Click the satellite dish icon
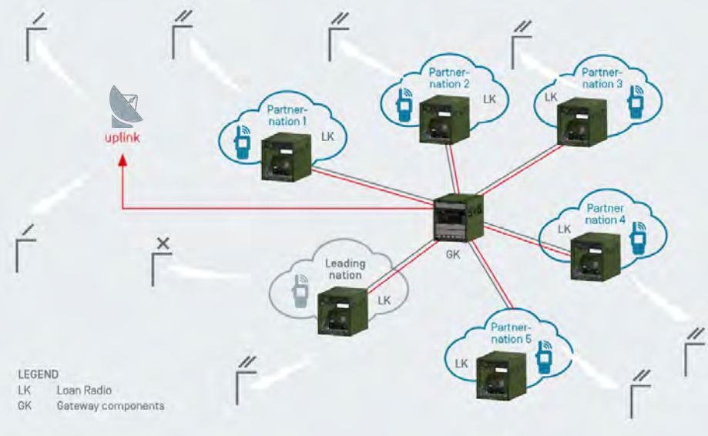pos(126,107)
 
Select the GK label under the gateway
pos(453,254)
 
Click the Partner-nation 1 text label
pos(286,116)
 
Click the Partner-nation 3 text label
pos(592,79)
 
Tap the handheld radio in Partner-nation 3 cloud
pos(636,102)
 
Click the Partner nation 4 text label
pos(606,213)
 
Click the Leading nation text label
pos(344,269)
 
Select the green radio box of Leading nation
pos(339,307)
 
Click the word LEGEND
pos(37,374)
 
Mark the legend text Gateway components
pos(110,406)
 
